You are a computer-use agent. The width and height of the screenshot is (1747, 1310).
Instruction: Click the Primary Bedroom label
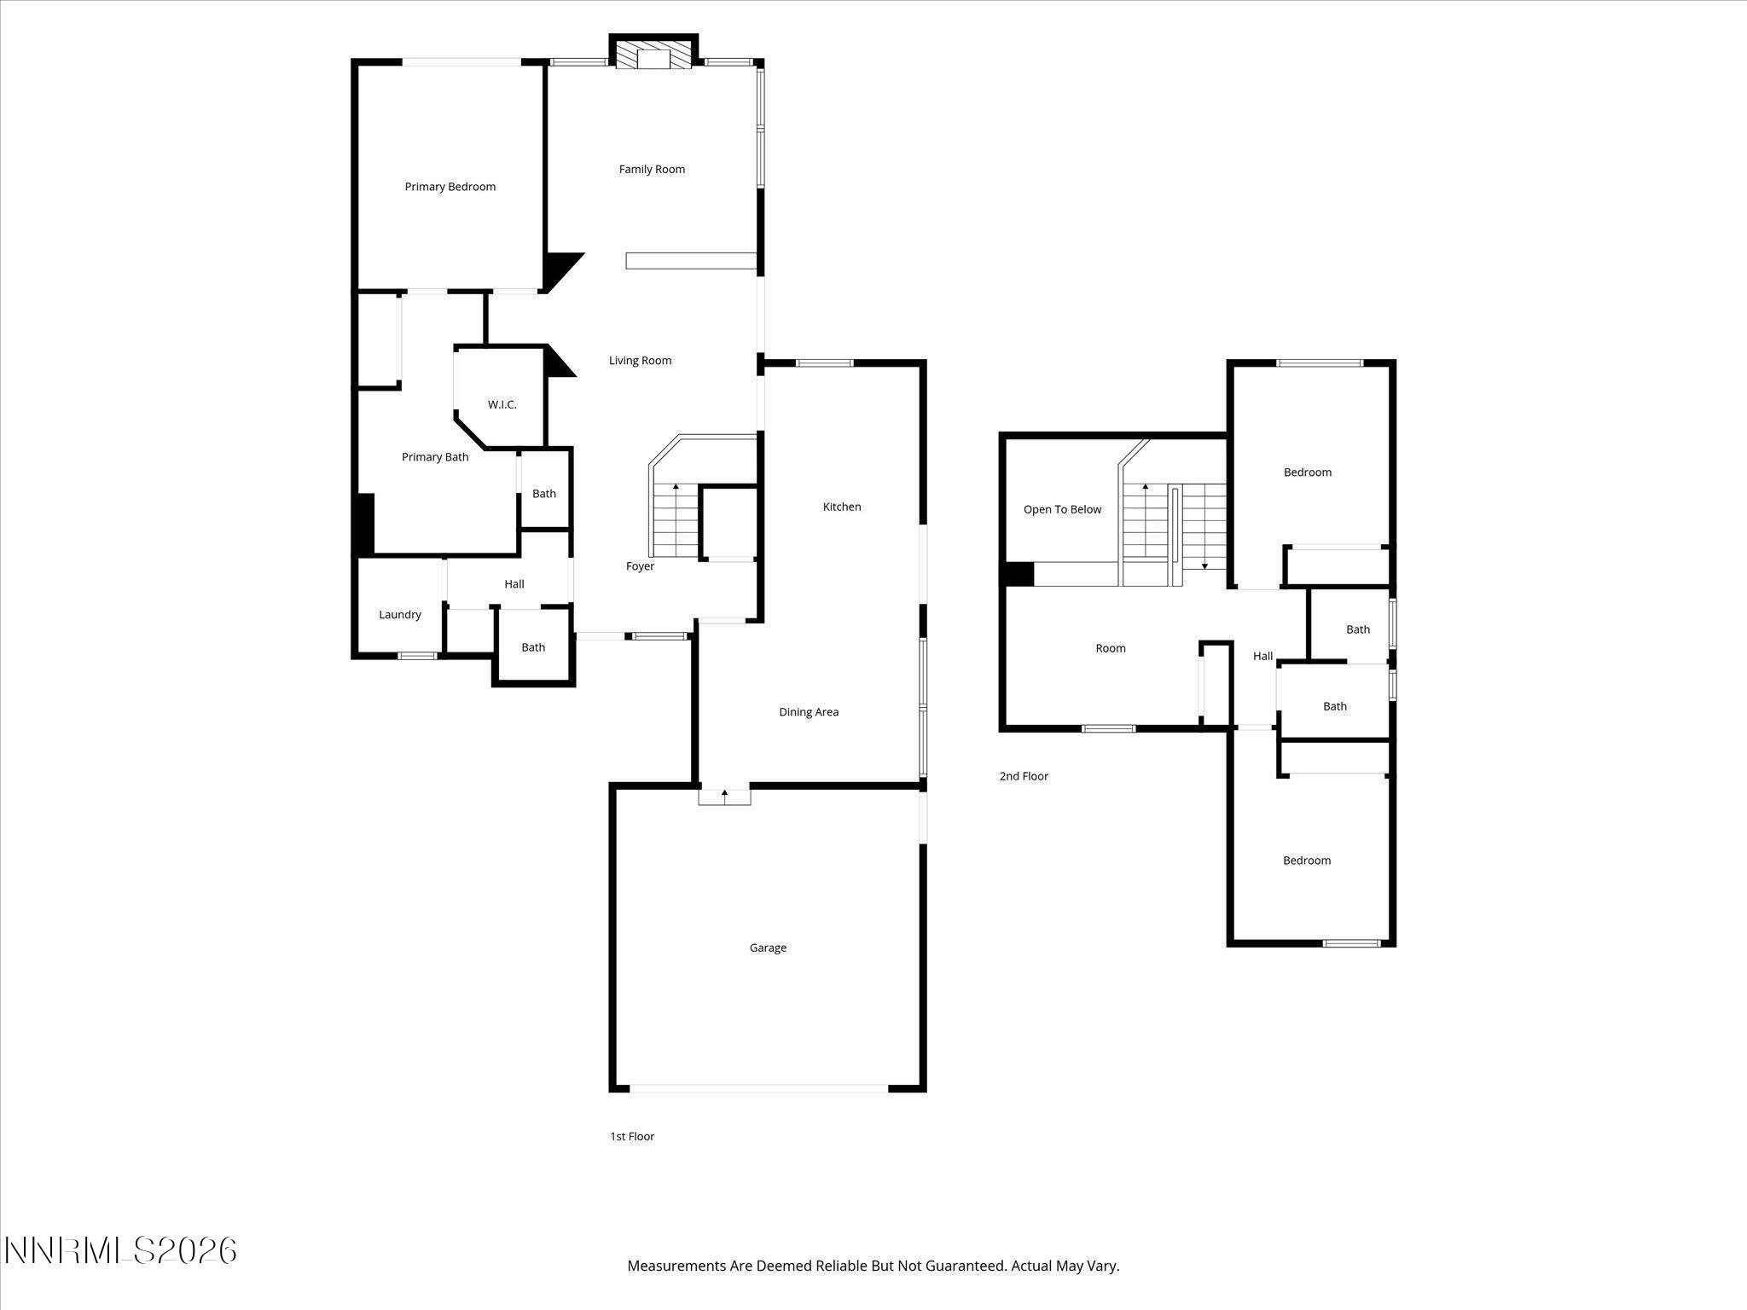(x=450, y=187)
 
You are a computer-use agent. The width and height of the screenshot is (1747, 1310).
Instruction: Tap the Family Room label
(x=652, y=170)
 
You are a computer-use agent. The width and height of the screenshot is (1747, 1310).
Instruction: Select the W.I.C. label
(x=502, y=404)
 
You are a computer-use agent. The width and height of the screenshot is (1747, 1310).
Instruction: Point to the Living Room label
(x=640, y=361)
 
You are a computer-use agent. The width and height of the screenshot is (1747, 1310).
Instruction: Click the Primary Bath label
(x=435, y=457)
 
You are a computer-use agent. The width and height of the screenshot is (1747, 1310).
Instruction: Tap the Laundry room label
(x=399, y=615)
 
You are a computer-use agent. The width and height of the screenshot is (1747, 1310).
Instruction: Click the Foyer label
(x=640, y=566)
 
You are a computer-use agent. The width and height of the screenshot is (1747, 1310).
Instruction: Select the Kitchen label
(x=841, y=507)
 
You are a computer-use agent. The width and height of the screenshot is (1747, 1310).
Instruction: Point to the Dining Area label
(x=808, y=712)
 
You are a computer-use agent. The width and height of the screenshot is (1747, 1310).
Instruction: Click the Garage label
(x=768, y=948)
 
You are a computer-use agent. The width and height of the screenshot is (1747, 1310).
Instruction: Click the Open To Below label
(x=1062, y=510)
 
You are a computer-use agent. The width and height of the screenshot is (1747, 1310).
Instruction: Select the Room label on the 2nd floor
(x=1110, y=648)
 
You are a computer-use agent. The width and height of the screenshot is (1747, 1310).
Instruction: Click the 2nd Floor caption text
(x=1024, y=776)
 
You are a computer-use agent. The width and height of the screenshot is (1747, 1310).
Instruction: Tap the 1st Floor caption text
(x=632, y=1136)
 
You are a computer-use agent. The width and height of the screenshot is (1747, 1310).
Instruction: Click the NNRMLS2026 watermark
(x=120, y=1251)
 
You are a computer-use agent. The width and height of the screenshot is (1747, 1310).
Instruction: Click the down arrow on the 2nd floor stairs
(x=1204, y=564)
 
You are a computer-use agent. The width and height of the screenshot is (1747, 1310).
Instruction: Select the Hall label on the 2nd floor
(x=1262, y=656)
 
